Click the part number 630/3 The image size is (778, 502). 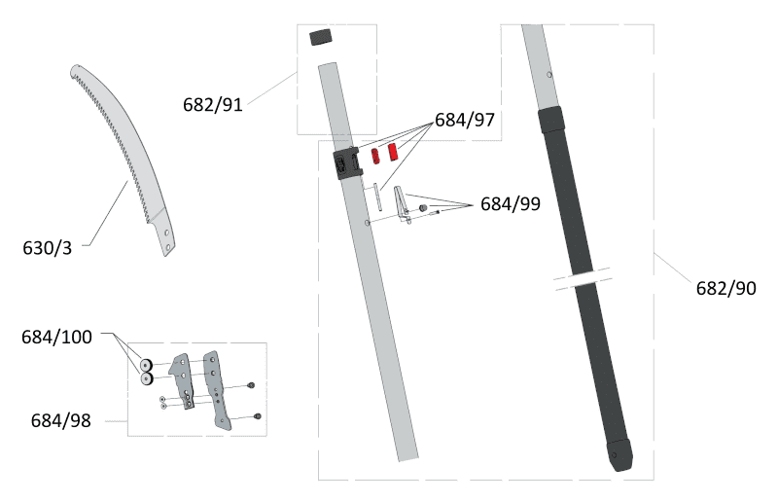47,247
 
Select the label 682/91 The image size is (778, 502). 212,104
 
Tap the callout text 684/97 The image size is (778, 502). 465,120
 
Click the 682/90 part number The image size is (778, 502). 725,288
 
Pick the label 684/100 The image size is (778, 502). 56,338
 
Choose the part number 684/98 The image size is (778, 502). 61,420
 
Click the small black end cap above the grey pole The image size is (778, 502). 321,38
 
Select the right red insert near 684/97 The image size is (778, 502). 395,153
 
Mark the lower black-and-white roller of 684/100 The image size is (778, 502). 148,378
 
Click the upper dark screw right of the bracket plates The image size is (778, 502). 252,386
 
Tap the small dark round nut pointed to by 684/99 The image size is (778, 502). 423,209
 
